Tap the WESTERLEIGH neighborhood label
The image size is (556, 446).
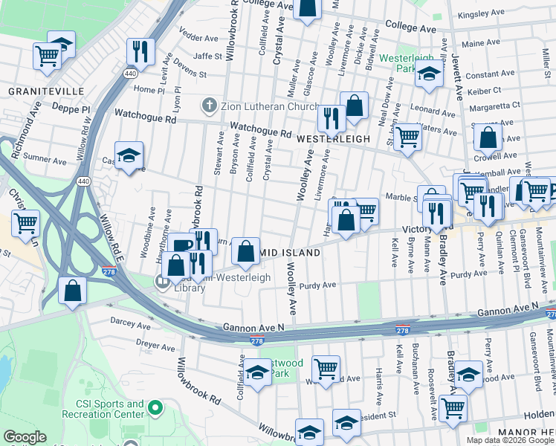332,139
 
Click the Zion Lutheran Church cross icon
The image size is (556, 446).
210,105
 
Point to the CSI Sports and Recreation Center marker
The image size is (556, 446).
155,407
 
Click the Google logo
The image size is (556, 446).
25,438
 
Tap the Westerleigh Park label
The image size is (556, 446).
405,63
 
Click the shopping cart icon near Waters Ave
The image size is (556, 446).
407,137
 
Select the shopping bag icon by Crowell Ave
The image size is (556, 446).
488,137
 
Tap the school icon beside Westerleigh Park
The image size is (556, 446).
429,74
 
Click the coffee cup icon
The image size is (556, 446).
181,245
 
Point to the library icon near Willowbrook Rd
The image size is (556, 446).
162,282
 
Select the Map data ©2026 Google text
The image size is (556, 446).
510,440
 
